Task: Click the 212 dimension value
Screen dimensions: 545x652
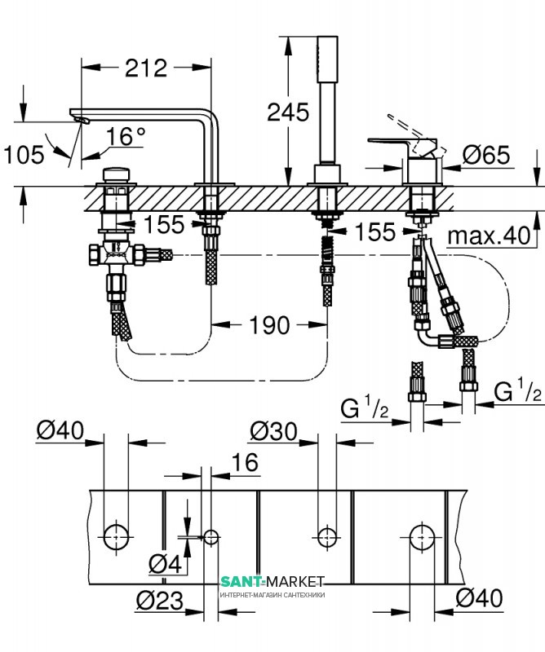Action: click(x=146, y=68)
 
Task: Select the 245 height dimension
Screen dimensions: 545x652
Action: click(x=288, y=112)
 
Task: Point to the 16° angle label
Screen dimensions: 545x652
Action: click(x=126, y=136)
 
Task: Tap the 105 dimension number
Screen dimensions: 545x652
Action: click(x=24, y=155)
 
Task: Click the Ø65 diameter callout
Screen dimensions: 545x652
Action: click(x=486, y=155)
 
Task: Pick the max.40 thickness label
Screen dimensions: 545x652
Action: click(x=490, y=236)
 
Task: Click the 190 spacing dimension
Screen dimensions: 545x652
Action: click(x=269, y=325)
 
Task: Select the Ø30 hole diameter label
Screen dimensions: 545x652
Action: click(x=273, y=431)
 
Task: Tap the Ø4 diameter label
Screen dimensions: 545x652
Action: click(x=166, y=564)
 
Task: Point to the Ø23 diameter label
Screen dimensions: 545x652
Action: click(x=159, y=601)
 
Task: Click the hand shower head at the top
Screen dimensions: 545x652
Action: click(x=327, y=59)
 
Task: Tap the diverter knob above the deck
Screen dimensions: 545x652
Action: click(x=116, y=174)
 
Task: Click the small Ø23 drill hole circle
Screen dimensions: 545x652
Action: click(x=211, y=537)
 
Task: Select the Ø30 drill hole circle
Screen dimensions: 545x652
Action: click(x=327, y=537)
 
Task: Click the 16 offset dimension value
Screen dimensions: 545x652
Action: click(x=245, y=462)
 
